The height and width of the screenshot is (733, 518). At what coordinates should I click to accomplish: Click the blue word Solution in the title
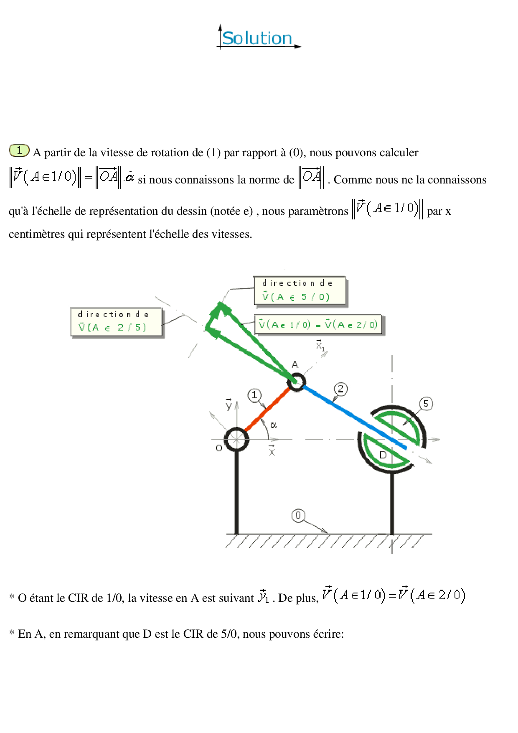pos(257,38)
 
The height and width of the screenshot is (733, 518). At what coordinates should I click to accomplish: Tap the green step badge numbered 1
pos(19,150)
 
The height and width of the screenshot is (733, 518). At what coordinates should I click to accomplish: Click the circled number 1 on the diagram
pos(254,395)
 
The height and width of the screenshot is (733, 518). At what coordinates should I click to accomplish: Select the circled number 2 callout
pos(341,389)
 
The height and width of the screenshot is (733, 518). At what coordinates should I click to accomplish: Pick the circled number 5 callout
pos(426,404)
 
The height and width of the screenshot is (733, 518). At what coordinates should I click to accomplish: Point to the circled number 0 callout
pos(298,515)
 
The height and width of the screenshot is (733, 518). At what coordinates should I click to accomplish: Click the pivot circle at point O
pos(236,439)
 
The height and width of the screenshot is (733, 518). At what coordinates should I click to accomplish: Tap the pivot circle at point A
pos(297,382)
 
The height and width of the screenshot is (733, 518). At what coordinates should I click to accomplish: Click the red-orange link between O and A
pos(267,410)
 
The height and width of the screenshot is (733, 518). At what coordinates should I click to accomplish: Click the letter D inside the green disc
pos(383,455)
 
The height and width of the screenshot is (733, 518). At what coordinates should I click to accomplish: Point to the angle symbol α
pos(273,425)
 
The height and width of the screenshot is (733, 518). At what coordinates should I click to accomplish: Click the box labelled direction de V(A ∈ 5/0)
pos(300,290)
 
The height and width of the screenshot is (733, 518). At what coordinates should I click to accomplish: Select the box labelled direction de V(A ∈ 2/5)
pos(116,321)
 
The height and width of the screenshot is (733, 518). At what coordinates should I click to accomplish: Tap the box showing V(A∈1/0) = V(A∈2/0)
pos(318,324)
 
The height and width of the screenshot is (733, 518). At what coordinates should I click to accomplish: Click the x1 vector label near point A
pos(320,345)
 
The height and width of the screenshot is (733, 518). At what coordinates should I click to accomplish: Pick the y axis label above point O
pos(229,404)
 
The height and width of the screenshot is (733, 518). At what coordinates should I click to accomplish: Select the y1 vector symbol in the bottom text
pos(264,596)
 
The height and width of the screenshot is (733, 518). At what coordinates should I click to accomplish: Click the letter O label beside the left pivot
pos(219,448)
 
